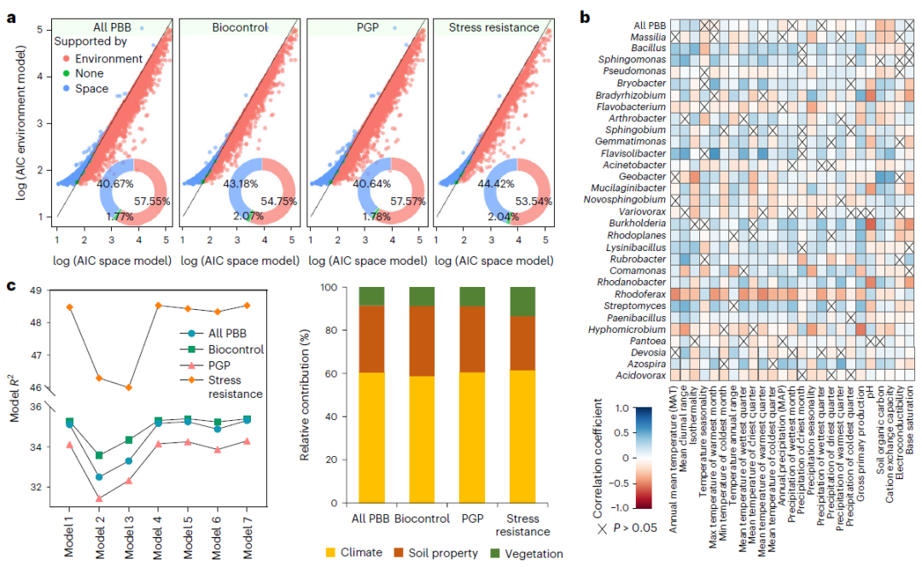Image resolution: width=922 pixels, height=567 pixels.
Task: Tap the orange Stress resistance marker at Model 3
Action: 129,387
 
